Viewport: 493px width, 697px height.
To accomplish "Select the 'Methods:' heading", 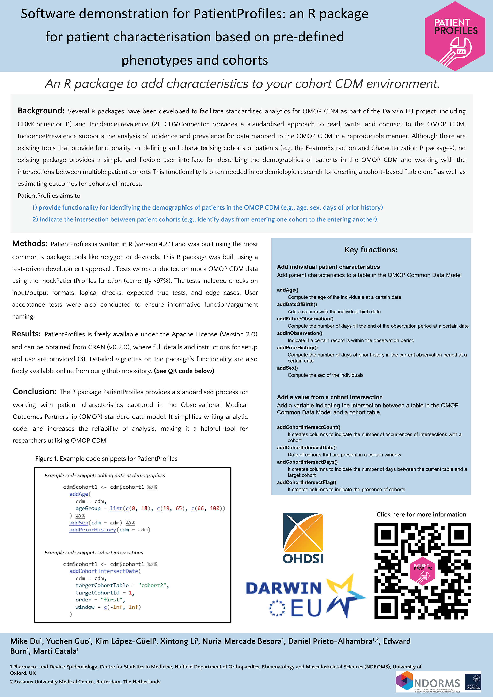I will coord(30,243).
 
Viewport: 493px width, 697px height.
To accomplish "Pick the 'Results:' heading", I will coord(26,334).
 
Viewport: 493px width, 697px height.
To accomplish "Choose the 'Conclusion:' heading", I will coord(35,391).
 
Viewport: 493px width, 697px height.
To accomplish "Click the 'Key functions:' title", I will coord(371,250).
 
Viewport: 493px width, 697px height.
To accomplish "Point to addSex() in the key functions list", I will coord(287,368).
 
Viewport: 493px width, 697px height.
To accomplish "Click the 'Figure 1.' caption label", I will coord(46,458).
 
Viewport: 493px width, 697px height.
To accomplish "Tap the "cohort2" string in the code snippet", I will coord(153,585).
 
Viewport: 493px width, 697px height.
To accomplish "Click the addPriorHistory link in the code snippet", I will coord(93,529).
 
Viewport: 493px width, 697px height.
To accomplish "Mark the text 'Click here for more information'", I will coord(421,514).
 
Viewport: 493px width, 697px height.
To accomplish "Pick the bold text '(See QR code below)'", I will coord(184,371).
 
